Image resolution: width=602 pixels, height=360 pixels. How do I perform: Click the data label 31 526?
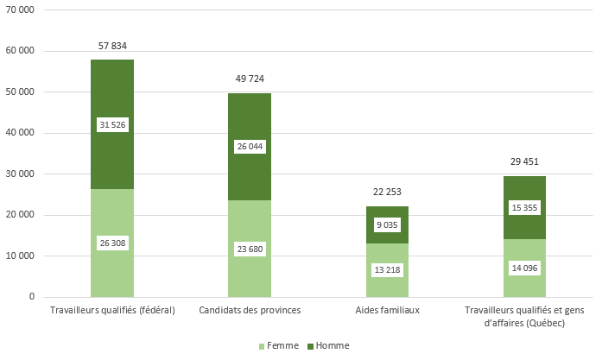pyautogui.click(x=112, y=125)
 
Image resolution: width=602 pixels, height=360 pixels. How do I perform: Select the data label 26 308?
pyautogui.click(x=112, y=243)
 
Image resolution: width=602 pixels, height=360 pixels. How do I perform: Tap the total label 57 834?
pyautogui.click(x=112, y=46)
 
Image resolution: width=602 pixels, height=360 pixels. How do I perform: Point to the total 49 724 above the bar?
pyautogui.click(x=250, y=79)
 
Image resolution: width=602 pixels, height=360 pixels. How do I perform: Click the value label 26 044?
pyautogui.click(x=250, y=147)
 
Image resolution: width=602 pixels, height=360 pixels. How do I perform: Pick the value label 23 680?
pyautogui.click(x=250, y=250)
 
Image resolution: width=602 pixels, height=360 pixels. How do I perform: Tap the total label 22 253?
pyautogui.click(x=387, y=192)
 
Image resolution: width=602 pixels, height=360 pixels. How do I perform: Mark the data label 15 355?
pyautogui.click(x=524, y=208)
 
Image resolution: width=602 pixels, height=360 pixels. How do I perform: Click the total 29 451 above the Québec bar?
pyautogui.click(x=524, y=161)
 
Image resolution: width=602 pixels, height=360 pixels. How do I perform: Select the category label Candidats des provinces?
pyautogui.click(x=250, y=311)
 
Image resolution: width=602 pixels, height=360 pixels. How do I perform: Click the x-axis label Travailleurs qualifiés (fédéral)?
pyautogui.click(x=112, y=311)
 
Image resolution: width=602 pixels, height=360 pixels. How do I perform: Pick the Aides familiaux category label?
pyautogui.click(x=387, y=311)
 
